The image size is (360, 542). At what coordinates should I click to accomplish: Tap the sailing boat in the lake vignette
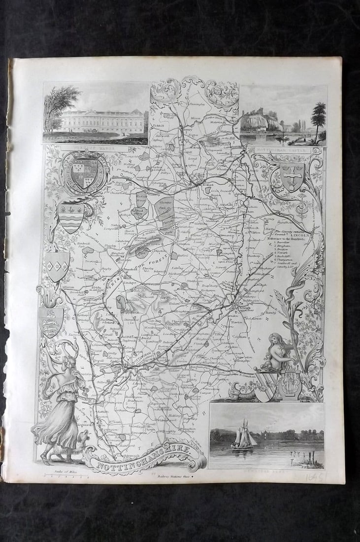(x=244, y=436)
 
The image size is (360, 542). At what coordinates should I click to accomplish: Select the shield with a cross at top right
(x=292, y=176)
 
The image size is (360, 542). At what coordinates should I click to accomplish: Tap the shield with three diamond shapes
(x=57, y=267)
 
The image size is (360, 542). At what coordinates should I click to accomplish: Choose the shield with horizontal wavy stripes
(x=70, y=217)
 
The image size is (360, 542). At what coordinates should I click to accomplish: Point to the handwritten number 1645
(x=316, y=475)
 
